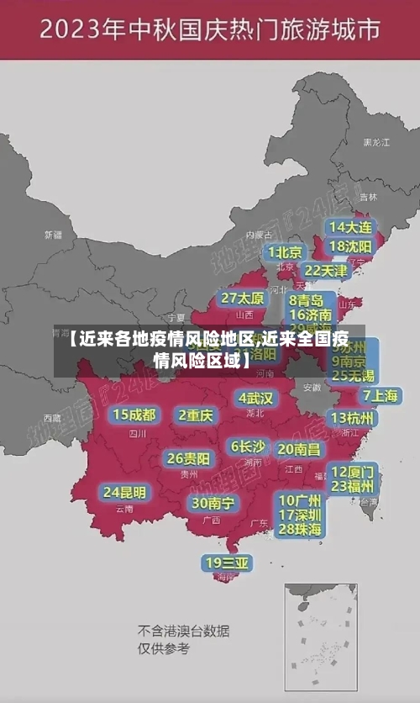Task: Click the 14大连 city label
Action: [350, 227]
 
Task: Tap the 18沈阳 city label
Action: [350, 246]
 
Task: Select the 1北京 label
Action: [286, 252]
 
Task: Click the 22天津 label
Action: [325, 271]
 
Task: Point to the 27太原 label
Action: [243, 298]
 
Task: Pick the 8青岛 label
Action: [306, 299]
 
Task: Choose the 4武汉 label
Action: [256, 397]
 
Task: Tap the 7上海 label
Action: [380, 395]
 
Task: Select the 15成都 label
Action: [134, 414]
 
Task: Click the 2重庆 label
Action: [196, 415]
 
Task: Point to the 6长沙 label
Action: [248, 447]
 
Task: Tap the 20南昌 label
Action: [299, 449]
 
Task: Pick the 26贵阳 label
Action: [188, 458]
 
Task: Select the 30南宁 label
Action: [213, 503]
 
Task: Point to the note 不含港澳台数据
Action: [183, 630]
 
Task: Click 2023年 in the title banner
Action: [74, 31]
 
